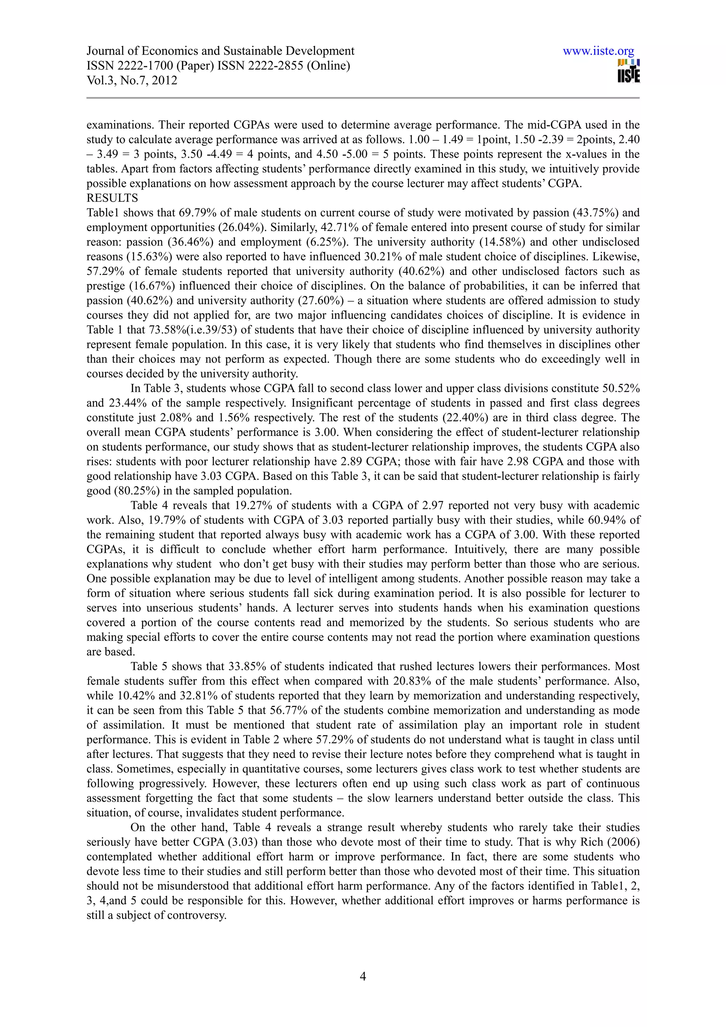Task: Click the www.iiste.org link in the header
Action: [x=598, y=51]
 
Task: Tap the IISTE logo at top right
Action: [x=628, y=71]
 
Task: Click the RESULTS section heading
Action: [x=112, y=198]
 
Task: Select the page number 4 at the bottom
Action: [x=363, y=976]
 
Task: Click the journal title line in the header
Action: [x=220, y=51]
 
